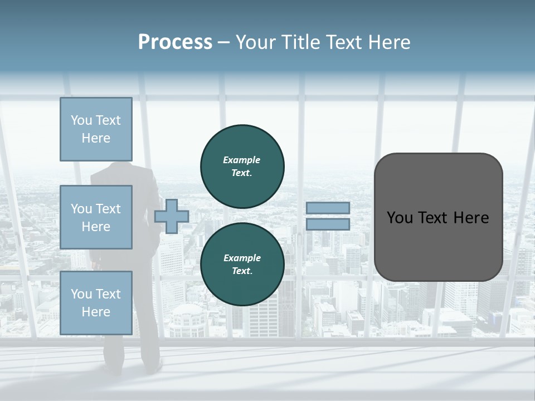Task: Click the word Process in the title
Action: [x=175, y=42]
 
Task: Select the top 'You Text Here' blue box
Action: [x=96, y=129]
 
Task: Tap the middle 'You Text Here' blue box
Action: [x=96, y=217]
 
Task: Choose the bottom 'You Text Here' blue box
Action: [x=96, y=303]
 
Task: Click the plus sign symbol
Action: [x=171, y=217]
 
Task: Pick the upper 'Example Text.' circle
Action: [x=242, y=166]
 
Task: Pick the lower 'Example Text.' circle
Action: [x=242, y=264]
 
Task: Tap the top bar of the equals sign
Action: [x=328, y=208]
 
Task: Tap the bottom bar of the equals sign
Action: [x=328, y=224]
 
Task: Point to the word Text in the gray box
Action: [x=436, y=218]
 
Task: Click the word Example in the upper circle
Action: [x=242, y=160]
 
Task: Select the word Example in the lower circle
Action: [x=242, y=258]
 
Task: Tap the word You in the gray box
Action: [x=400, y=218]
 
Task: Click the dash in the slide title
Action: [x=223, y=42]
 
